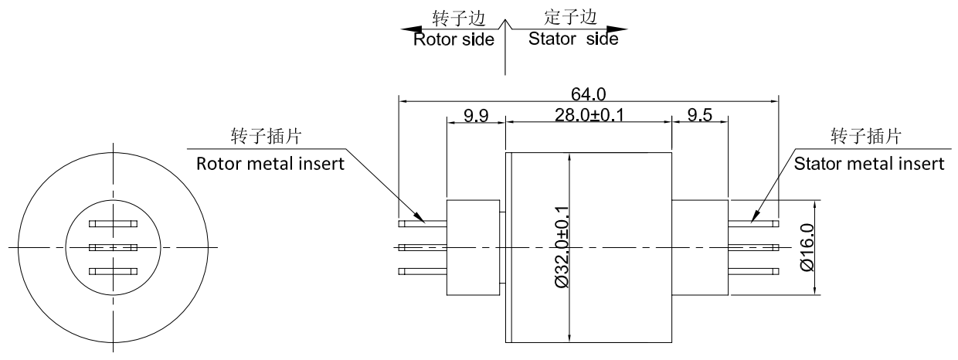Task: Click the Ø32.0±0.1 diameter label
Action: pos(562,247)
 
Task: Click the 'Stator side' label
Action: pos(573,39)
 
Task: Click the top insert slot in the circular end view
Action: pos(113,224)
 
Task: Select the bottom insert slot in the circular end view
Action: pos(113,270)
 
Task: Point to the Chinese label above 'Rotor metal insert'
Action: pos(266,137)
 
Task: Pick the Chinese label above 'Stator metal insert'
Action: pos(865,137)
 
